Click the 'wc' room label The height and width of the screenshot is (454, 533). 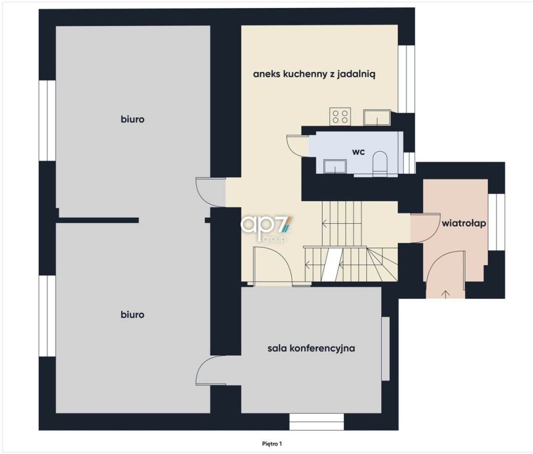(x=358, y=152)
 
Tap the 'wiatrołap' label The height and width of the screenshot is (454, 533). (x=464, y=224)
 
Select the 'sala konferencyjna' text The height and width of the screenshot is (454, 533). (x=311, y=349)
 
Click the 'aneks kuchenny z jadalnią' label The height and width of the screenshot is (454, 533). (x=314, y=74)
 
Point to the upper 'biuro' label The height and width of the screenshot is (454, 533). (x=133, y=120)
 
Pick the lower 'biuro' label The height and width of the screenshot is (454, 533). (x=133, y=314)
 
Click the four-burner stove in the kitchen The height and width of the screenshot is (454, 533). (x=340, y=116)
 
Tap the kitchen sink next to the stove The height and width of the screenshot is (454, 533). (x=377, y=117)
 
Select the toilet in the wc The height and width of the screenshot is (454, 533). (x=380, y=164)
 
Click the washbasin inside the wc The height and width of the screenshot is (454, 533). (x=335, y=166)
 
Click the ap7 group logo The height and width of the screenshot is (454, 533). (x=266, y=228)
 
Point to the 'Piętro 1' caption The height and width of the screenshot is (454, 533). (x=272, y=444)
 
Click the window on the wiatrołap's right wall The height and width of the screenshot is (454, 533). (x=496, y=222)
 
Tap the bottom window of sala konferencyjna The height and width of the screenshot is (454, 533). (x=317, y=422)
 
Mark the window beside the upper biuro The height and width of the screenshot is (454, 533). (x=47, y=121)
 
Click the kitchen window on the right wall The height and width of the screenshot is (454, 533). (x=406, y=79)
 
